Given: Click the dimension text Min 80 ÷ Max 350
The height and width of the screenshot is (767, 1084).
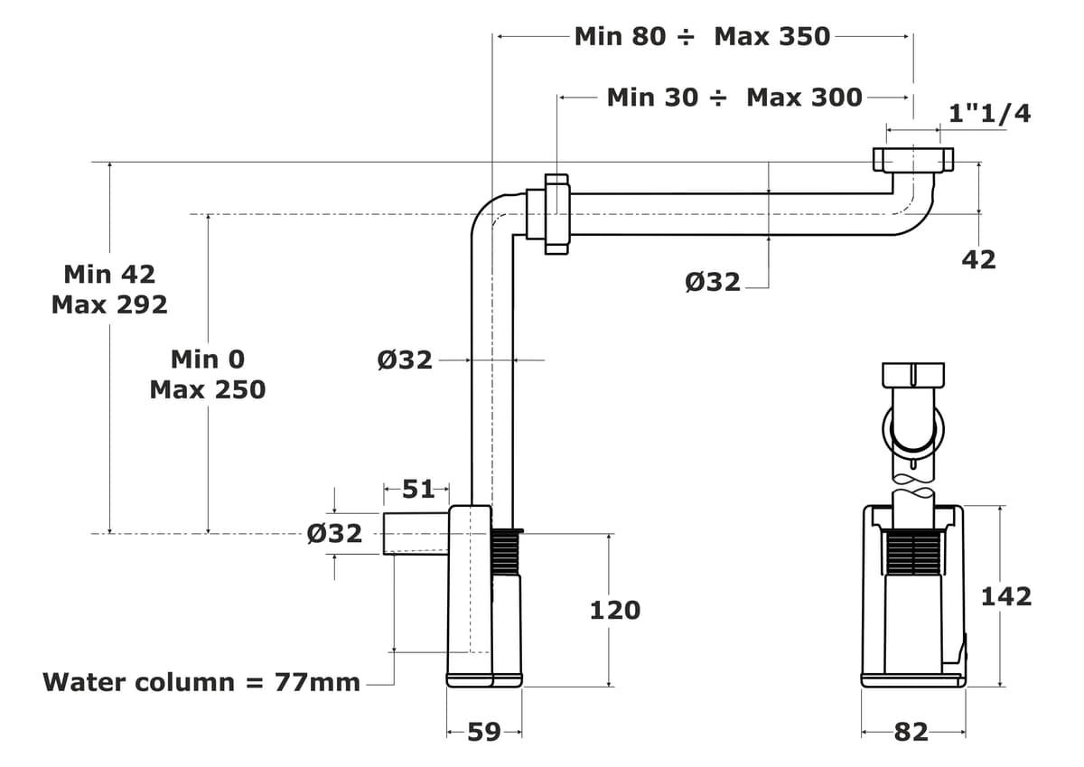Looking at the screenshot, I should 702,36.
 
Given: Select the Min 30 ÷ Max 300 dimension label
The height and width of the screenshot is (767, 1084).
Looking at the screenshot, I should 734,97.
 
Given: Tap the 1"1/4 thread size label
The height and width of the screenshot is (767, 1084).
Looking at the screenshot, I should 989,113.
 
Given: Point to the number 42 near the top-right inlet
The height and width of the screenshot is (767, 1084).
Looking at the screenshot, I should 978,259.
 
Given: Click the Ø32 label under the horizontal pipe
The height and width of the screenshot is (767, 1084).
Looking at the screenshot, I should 713,282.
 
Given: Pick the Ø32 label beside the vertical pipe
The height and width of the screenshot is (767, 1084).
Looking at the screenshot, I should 405,360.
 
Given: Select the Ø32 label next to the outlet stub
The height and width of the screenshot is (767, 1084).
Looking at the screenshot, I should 334,533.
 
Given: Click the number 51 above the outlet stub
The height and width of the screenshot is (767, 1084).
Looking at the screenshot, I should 417,490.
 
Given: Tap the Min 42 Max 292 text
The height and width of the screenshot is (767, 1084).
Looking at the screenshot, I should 109,289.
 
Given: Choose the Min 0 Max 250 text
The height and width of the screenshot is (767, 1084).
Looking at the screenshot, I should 208,374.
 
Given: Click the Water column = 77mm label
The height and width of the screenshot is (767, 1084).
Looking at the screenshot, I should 201,682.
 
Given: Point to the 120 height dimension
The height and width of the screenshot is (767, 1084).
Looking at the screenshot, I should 614,611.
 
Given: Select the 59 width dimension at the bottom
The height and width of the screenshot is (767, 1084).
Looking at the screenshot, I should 484,732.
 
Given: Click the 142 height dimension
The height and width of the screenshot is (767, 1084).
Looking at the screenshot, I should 1005,596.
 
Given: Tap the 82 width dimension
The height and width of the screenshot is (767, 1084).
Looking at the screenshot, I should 911,732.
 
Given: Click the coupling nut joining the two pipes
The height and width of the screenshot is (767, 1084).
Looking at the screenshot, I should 555,214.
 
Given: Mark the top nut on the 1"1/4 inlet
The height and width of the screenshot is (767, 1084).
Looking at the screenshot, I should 912,160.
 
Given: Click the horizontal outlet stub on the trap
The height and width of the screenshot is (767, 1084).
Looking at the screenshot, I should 416,533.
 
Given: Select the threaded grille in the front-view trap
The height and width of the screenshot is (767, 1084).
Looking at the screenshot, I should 913,553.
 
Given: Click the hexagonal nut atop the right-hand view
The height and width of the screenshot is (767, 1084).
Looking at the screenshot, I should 912,374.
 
